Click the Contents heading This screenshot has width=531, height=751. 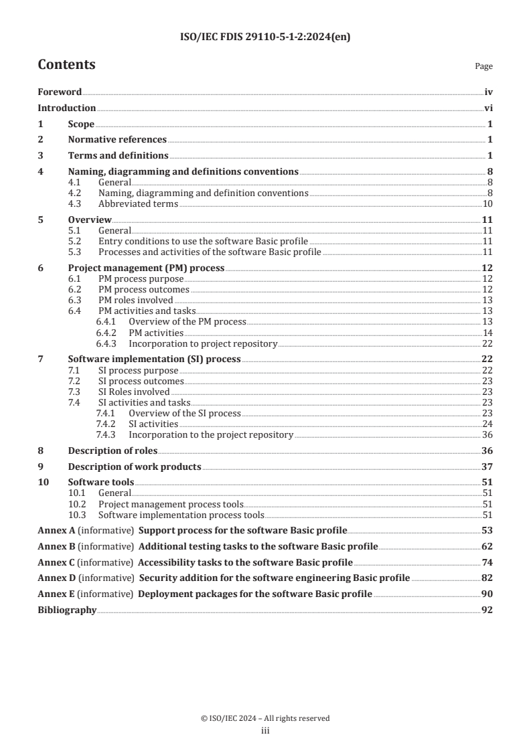pyautogui.click(x=66, y=65)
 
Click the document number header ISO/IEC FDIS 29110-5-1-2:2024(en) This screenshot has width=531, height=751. pyautogui.click(x=265, y=37)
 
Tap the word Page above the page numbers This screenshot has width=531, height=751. pyautogui.click(x=483, y=66)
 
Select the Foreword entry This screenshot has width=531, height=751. pyautogui.click(x=60, y=92)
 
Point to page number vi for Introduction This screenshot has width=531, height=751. pyautogui.click(x=488, y=108)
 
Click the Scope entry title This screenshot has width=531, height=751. pyautogui.click(x=81, y=124)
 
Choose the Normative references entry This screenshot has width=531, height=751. pyautogui.click(x=117, y=140)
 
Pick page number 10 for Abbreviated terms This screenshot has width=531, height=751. pyautogui.click(x=488, y=203)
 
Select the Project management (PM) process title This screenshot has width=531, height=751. pyautogui.click(x=147, y=268)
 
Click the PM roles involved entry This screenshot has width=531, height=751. pyautogui.click(x=126, y=300)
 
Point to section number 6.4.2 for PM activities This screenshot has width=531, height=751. pyautogui.click(x=106, y=333)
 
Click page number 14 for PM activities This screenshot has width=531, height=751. pyautogui.click(x=488, y=333)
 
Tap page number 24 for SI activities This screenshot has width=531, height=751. pyautogui.click(x=488, y=424)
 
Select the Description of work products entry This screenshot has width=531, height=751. pyautogui.click(x=135, y=467)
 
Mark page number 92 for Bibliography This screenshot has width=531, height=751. pyautogui.click(x=487, y=610)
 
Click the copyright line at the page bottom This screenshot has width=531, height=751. pyautogui.click(x=265, y=718)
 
